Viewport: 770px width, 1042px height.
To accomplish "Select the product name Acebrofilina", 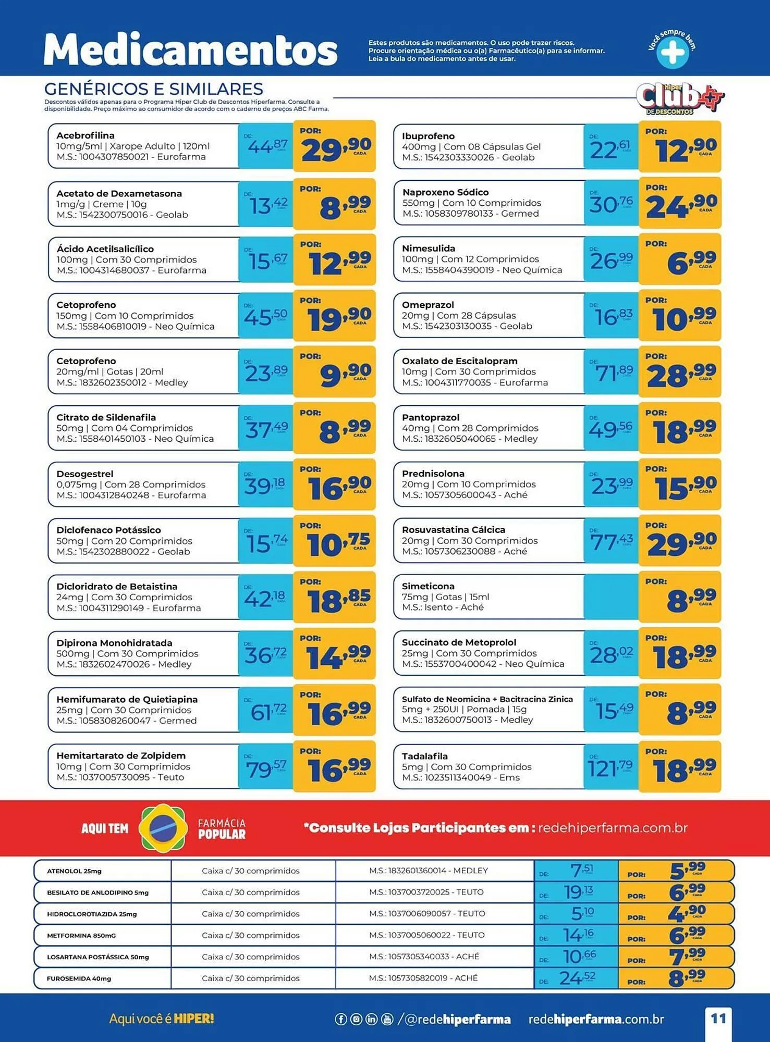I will point(85,135).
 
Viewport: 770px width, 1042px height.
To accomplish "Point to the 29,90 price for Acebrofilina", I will point(335,148).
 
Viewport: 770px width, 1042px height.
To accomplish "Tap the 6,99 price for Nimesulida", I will point(691,260).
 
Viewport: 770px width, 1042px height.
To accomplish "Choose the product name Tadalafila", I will point(424,756).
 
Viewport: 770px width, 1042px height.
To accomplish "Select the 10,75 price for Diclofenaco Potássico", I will point(338,543).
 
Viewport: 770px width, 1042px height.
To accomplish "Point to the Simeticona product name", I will point(428,586).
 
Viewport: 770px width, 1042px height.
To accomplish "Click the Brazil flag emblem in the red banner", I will point(163,828).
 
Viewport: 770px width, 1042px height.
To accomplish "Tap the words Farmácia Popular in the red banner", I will point(222,828).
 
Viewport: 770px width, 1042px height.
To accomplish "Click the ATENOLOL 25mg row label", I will point(75,871).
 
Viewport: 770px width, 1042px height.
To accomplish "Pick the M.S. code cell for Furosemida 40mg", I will point(423,978).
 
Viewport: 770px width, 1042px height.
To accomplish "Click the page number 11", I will point(718,1019).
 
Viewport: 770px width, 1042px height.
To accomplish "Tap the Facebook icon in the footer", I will point(340,1019).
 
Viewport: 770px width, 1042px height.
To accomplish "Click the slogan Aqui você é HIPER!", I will point(162,1019).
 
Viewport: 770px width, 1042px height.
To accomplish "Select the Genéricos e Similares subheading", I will point(154,89).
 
